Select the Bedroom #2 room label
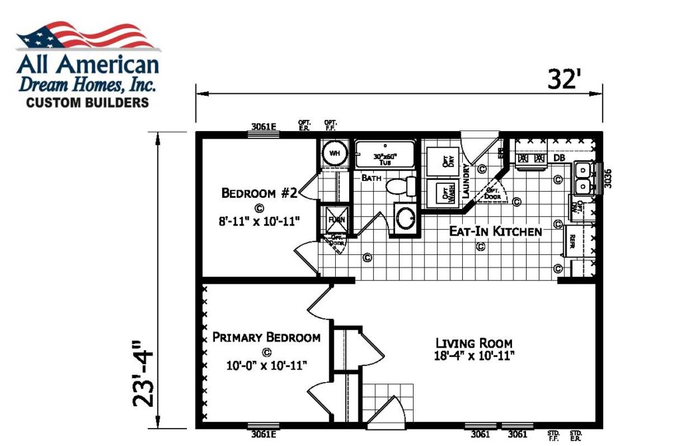(x=260, y=193)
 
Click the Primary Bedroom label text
(x=266, y=337)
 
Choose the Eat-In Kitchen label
(x=487, y=232)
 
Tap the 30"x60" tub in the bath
(x=384, y=154)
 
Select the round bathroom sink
(x=403, y=218)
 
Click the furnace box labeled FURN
(x=333, y=218)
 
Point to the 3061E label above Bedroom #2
(x=264, y=125)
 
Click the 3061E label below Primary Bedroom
(x=264, y=435)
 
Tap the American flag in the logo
(x=88, y=37)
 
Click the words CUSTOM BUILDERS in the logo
(x=87, y=103)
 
